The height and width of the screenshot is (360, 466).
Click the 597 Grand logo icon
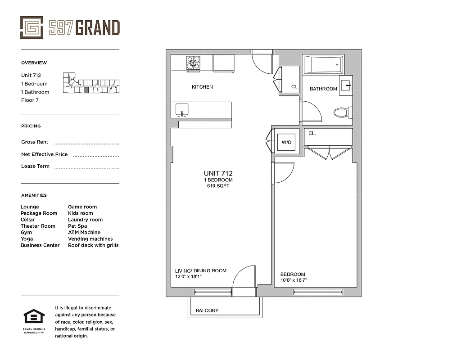pyautogui.click(x=32, y=27)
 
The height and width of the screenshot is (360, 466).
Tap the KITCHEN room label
pyautogui.click(x=202, y=87)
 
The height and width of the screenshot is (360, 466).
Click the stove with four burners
pyautogui.click(x=194, y=63)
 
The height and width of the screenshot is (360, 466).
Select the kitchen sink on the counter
pyautogui.click(x=182, y=109)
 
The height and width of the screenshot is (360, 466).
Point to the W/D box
pyautogui.click(x=286, y=142)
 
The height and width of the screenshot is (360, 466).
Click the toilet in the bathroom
pyautogui.click(x=343, y=112)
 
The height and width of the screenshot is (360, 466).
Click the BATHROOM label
pyautogui.click(x=323, y=89)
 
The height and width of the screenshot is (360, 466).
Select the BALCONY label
pyautogui.click(x=207, y=310)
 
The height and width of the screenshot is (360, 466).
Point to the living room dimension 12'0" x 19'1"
pyautogui.click(x=188, y=277)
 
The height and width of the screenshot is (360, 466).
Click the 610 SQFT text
pyautogui.click(x=218, y=186)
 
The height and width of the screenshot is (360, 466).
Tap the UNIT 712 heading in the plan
pyautogui.click(x=218, y=173)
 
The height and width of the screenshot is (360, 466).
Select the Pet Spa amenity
pyautogui.click(x=77, y=226)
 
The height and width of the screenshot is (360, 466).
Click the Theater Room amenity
pyautogui.click(x=38, y=226)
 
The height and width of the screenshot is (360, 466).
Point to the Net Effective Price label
pyautogui.click(x=44, y=154)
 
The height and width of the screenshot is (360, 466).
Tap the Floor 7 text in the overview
pyautogui.click(x=30, y=100)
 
